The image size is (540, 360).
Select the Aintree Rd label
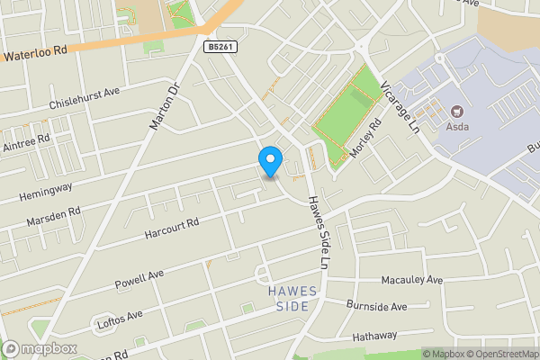[x=25, y=143]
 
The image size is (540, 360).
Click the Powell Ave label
[x=139, y=280]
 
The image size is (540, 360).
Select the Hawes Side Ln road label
[x=318, y=233]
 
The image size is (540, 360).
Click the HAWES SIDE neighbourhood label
[x=289, y=299]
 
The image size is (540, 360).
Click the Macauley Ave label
[x=412, y=281]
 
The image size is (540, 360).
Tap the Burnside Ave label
[x=377, y=306]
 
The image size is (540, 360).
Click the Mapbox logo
[x=40, y=348]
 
